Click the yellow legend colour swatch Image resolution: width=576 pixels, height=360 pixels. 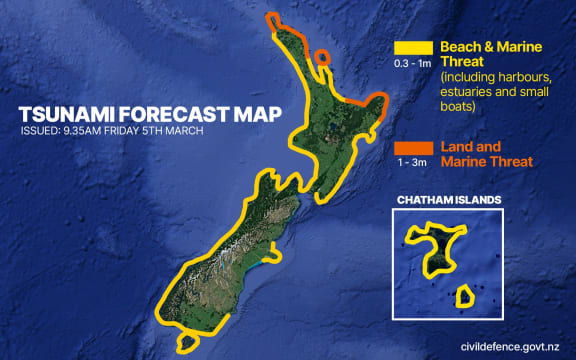[413, 48]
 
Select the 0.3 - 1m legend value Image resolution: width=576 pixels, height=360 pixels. [413, 65]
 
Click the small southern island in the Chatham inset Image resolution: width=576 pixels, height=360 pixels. [464, 296]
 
